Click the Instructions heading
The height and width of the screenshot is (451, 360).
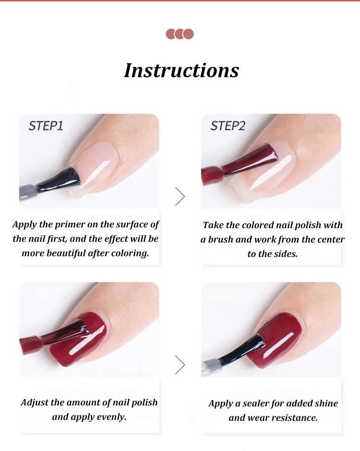(x=181, y=71)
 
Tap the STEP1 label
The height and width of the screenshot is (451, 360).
(x=46, y=126)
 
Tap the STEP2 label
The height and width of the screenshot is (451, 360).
(x=228, y=126)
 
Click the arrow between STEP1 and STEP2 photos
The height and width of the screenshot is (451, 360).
(x=180, y=196)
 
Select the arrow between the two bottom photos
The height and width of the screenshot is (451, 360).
(x=180, y=365)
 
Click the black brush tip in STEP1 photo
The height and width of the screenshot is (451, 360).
(x=62, y=178)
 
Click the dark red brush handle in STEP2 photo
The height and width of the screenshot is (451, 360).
(x=212, y=175)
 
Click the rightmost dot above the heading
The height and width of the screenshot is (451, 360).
(x=188, y=34)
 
